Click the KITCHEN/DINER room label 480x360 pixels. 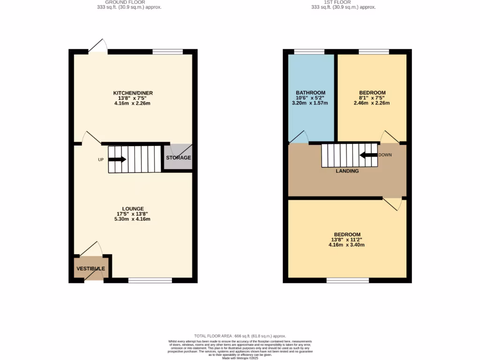click(x=133, y=93)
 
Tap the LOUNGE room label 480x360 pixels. click(x=133, y=209)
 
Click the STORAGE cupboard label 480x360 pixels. click(x=178, y=157)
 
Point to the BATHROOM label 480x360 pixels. click(x=310, y=93)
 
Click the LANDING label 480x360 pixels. click(x=347, y=171)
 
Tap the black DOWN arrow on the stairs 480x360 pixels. click(x=368, y=155)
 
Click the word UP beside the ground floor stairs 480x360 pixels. click(x=101, y=160)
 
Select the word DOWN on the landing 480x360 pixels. click(x=385, y=155)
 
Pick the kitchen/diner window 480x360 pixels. click(x=168, y=52)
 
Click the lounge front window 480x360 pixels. click(x=150, y=280)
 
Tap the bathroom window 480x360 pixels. click(x=309, y=52)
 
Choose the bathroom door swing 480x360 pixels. click(x=299, y=137)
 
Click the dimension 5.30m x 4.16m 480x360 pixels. click(x=133, y=219)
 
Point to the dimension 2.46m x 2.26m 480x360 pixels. click(x=372, y=103)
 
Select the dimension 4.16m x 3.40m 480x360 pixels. click(x=347, y=245)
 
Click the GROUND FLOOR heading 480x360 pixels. click(x=126, y=2)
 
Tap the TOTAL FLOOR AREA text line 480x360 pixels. click(x=240, y=336)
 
